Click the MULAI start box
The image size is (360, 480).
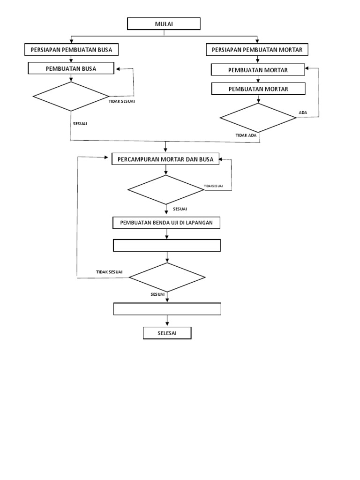(x=164, y=24)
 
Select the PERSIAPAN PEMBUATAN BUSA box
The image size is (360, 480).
(x=71, y=49)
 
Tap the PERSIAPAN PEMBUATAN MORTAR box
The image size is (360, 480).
(x=257, y=49)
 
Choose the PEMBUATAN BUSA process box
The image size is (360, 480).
(x=71, y=69)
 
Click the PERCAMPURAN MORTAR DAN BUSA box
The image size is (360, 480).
(x=165, y=159)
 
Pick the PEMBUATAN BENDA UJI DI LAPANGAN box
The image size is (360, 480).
(x=166, y=223)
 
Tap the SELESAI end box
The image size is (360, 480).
(x=167, y=333)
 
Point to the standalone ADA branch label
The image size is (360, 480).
(x=303, y=112)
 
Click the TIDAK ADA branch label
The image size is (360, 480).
(x=246, y=135)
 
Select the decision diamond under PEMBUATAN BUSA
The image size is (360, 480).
(x=71, y=97)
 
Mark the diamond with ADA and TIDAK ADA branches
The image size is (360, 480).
(x=258, y=118)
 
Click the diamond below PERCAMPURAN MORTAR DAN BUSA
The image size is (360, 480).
(x=166, y=190)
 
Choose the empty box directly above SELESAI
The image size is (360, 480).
(x=167, y=309)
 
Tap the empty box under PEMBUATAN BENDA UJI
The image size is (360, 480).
(x=167, y=246)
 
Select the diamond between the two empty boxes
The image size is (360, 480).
(x=167, y=277)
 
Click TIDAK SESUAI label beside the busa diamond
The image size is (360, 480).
(x=121, y=101)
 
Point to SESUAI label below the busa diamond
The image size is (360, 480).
(x=80, y=124)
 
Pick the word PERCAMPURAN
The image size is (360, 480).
(x=138, y=159)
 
